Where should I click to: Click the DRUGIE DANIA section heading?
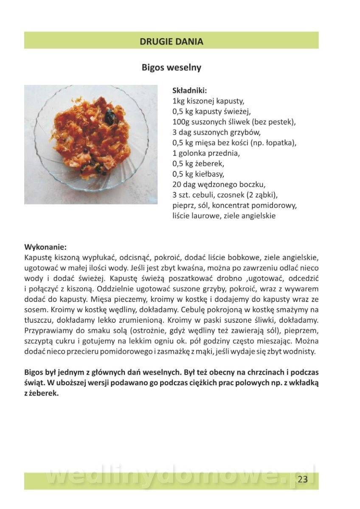tap(172, 42)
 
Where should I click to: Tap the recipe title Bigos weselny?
tap(172, 67)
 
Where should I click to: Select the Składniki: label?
tap(189, 90)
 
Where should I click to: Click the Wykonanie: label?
tap(45, 247)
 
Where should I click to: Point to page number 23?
tap(303, 480)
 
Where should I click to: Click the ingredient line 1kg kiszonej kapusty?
tap(208, 101)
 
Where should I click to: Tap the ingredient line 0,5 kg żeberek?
tap(198, 163)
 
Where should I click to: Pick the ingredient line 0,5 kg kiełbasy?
tap(198, 174)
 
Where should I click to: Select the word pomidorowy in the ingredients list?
tap(276, 205)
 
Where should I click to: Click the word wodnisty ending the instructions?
tap(301, 351)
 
